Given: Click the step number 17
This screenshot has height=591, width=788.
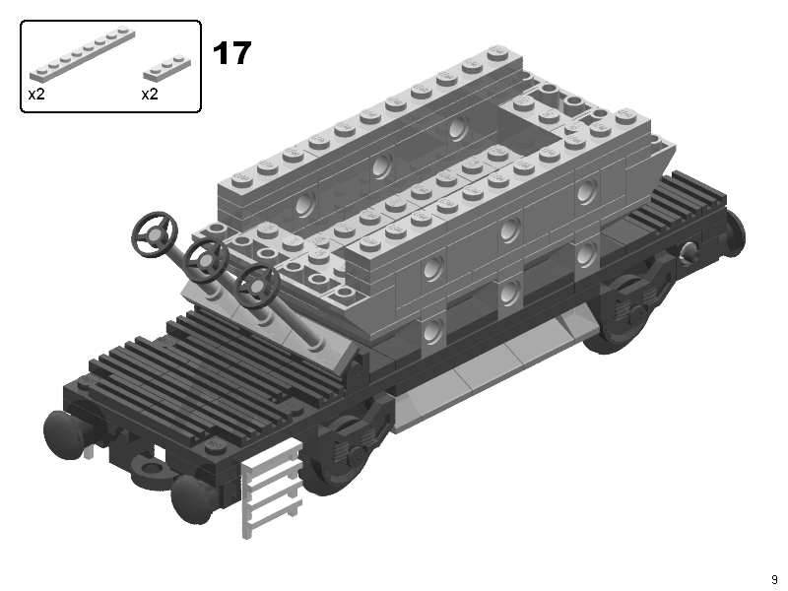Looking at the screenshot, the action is click(231, 53).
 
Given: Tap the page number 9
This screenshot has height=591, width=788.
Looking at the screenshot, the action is click(774, 579).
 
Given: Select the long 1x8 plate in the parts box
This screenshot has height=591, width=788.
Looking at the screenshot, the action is click(83, 54).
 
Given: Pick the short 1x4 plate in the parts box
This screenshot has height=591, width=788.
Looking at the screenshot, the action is click(166, 67).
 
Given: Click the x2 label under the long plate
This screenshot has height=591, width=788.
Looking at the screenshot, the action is click(36, 94).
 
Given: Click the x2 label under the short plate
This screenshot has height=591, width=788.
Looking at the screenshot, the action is click(150, 94).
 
